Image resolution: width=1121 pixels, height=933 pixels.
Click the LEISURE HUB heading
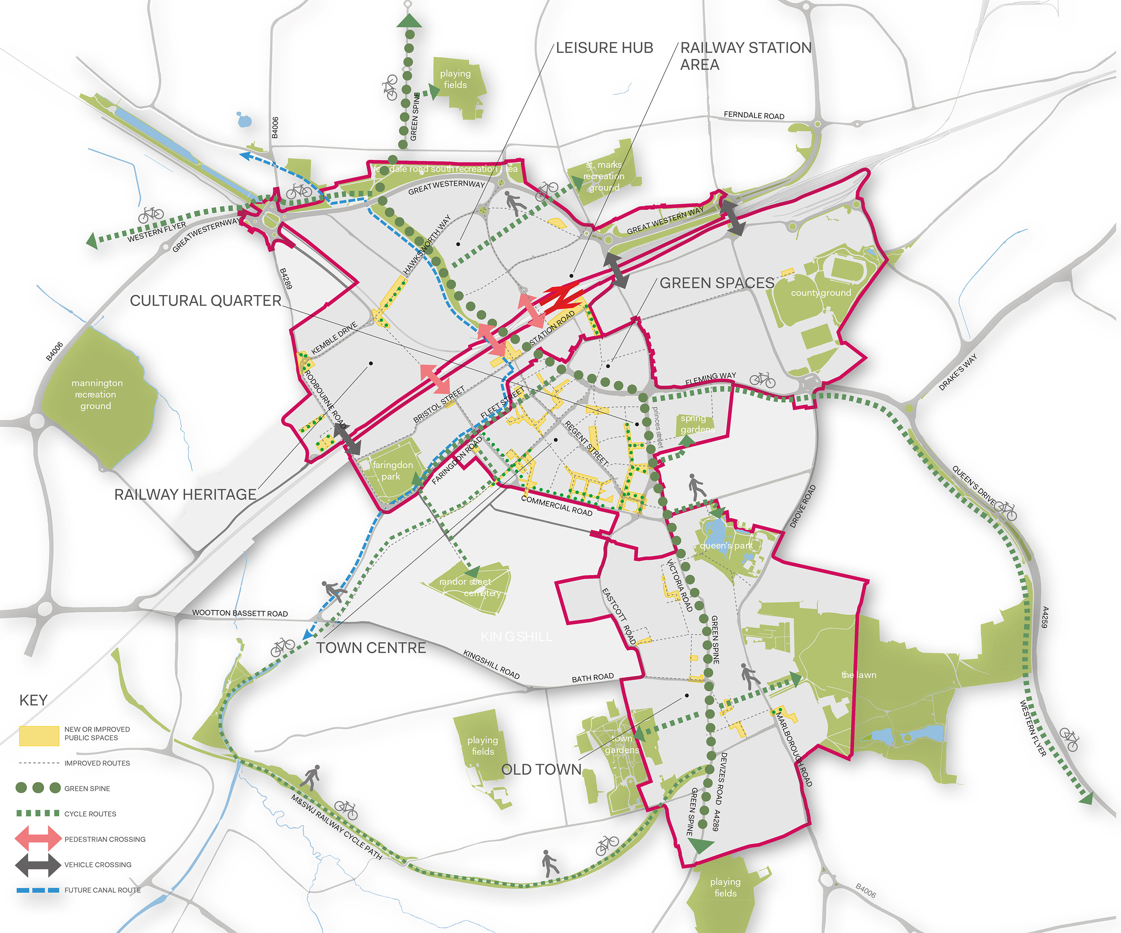(604, 48)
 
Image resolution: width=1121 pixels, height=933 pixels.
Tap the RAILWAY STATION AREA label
(745, 56)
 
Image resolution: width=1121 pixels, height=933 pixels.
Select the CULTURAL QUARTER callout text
(205, 301)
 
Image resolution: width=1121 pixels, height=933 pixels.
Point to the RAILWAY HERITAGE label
(185, 495)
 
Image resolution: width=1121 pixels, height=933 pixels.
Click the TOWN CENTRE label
(371, 648)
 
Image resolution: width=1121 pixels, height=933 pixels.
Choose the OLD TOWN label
(541, 770)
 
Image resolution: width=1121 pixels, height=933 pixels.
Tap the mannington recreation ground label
(97, 395)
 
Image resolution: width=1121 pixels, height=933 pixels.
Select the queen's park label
(726, 546)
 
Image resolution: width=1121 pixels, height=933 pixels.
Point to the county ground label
(821, 292)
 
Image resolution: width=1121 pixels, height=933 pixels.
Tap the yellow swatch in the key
(39, 735)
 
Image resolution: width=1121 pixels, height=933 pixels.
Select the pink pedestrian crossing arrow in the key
(38, 839)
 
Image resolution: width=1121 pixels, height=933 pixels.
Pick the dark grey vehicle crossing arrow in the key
(38, 865)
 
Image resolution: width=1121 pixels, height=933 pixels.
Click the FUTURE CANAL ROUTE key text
(102, 890)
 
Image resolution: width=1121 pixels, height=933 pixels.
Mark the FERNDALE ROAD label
(754, 115)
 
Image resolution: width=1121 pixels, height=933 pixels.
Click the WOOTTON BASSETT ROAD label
(240, 613)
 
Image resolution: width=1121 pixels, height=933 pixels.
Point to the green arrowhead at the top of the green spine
(410, 21)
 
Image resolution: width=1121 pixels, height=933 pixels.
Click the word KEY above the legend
(33, 700)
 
